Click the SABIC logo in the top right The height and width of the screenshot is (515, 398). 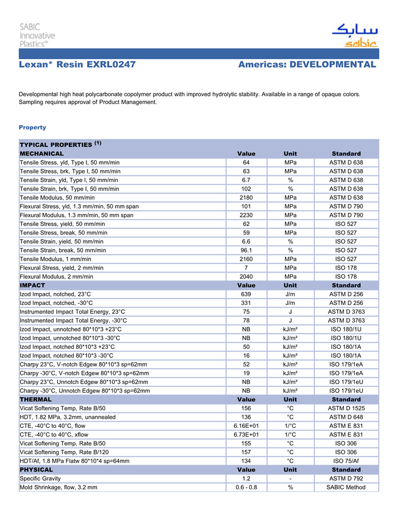(x=354, y=36)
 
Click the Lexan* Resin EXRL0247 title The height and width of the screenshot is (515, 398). (x=77, y=64)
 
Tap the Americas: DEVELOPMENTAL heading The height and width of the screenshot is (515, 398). (x=307, y=64)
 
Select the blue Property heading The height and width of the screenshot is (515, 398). (x=32, y=127)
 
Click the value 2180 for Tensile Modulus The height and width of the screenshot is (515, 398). (x=246, y=197)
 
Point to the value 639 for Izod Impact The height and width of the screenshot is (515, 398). (x=246, y=294)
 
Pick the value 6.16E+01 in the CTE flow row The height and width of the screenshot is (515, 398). (x=246, y=426)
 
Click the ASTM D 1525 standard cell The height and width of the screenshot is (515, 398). (x=346, y=408)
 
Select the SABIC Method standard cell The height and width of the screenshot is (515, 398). (x=346, y=487)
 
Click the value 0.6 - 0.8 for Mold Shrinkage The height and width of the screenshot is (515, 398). (x=246, y=487)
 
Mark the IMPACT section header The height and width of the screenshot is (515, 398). (x=32, y=285)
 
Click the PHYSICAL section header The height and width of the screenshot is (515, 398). (x=36, y=469)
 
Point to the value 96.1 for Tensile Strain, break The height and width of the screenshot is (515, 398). (x=246, y=250)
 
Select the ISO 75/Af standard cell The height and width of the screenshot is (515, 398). (x=346, y=461)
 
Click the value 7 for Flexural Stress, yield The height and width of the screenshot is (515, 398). (x=246, y=267)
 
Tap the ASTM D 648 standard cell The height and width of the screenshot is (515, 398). (x=346, y=417)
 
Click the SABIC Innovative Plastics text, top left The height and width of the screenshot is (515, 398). (x=38, y=35)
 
